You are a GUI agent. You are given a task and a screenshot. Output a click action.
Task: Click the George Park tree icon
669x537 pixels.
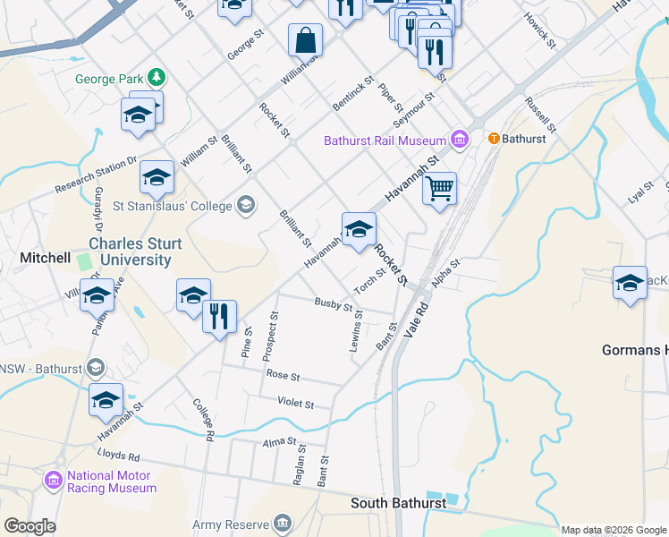(x=157, y=79)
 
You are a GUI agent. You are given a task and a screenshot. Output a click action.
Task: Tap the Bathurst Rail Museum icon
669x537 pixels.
(x=460, y=140)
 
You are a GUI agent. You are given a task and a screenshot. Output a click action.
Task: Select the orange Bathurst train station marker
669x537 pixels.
(x=492, y=140)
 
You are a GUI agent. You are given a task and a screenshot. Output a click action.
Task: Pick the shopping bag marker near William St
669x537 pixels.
(x=305, y=41)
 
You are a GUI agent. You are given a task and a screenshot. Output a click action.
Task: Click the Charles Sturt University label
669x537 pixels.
(x=135, y=251)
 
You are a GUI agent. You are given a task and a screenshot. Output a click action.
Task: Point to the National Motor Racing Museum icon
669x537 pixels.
(x=54, y=482)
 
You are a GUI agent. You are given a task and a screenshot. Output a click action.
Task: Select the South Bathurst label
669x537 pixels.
(x=398, y=503)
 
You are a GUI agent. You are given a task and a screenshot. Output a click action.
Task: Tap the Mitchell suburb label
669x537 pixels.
(x=46, y=258)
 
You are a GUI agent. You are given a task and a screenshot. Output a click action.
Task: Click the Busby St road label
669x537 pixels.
(x=334, y=305)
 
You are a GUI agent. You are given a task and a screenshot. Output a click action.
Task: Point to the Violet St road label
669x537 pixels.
(x=296, y=404)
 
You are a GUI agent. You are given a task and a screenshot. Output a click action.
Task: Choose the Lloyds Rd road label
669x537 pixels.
(x=122, y=456)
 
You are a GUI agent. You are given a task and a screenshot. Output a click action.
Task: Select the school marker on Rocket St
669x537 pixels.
(x=359, y=230)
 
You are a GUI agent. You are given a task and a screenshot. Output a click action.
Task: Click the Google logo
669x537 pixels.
(x=30, y=525)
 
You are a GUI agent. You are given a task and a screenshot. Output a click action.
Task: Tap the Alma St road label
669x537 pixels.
(x=279, y=442)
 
